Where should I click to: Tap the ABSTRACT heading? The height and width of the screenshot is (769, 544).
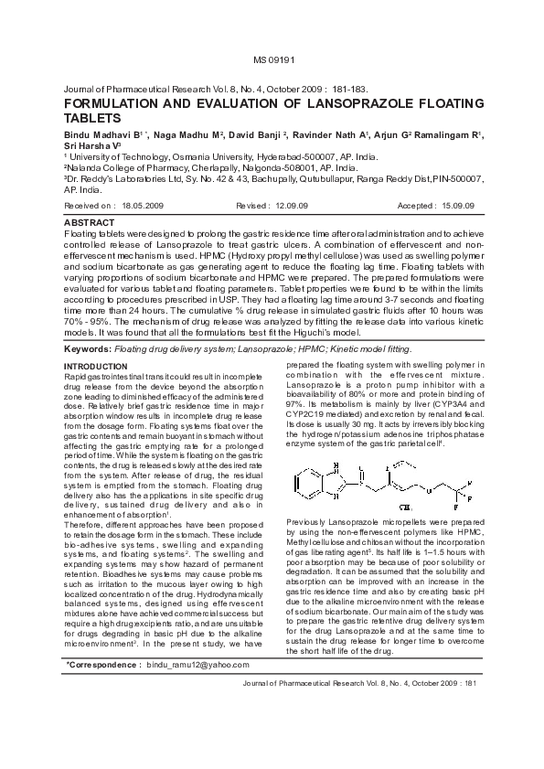tap(89, 222)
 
